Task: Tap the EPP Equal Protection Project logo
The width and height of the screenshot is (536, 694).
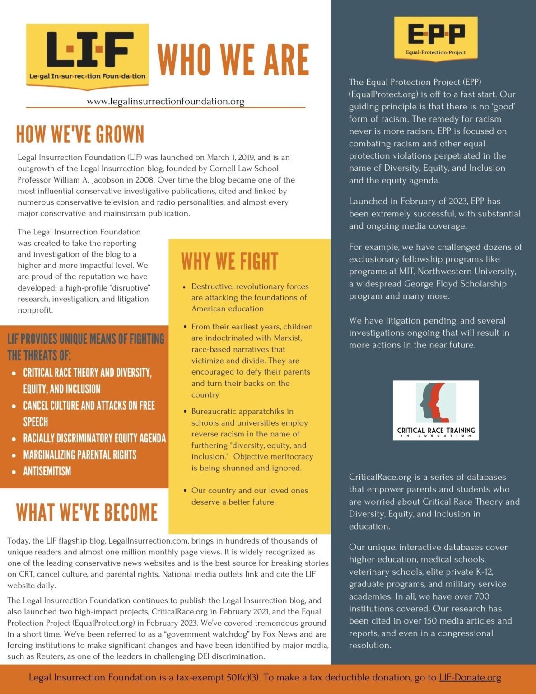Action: (x=436, y=38)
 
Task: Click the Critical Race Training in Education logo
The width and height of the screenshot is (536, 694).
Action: (x=436, y=410)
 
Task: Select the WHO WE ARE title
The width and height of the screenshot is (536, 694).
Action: (x=233, y=60)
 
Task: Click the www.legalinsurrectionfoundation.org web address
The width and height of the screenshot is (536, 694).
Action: (x=165, y=101)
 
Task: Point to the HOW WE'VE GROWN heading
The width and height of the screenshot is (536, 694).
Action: (x=80, y=134)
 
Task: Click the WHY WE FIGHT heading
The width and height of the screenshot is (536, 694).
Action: (x=229, y=261)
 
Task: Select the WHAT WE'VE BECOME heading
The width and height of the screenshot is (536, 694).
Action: (x=87, y=512)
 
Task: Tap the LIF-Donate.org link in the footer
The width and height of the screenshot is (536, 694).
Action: (x=470, y=677)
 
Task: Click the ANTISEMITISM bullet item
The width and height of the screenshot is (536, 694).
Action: (x=47, y=471)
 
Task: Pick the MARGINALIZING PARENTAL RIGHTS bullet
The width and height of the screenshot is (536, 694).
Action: (x=79, y=455)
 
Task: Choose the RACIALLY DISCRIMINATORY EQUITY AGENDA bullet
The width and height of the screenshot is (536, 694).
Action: (x=94, y=438)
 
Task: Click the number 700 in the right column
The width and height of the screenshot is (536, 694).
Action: (x=482, y=596)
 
